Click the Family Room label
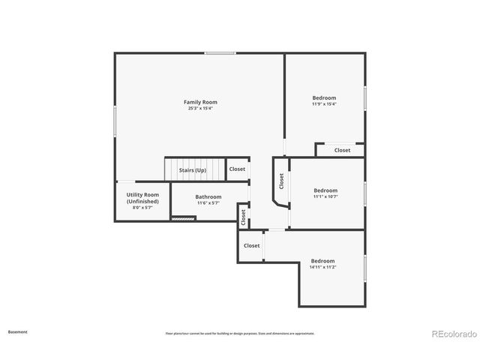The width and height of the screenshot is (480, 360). click(x=201, y=102)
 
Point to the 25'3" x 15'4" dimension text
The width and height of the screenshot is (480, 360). click(x=201, y=109)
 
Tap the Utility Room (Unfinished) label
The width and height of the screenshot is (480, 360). click(x=142, y=198)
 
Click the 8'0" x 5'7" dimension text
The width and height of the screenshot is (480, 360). click(x=142, y=208)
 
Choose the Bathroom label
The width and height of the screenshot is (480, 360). click(x=208, y=196)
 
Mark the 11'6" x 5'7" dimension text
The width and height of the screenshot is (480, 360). click(x=208, y=203)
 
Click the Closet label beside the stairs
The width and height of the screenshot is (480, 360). click(x=237, y=169)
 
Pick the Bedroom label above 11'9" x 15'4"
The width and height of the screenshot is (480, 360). click(x=324, y=97)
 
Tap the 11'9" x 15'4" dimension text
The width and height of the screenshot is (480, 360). click(x=324, y=104)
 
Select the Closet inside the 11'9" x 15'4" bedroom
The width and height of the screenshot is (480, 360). click(x=342, y=150)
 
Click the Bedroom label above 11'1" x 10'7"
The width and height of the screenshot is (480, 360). click(x=325, y=190)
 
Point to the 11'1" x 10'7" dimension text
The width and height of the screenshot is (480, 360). click(x=325, y=197)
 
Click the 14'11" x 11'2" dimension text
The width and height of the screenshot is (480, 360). click(x=322, y=267)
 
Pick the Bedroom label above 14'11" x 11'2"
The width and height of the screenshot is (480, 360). click(x=322, y=260)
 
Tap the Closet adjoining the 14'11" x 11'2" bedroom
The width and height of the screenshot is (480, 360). click(x=252, y=245)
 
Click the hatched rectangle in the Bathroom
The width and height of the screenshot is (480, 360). click(x=184, y=218)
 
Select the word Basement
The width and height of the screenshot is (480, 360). click(x=18, y=331)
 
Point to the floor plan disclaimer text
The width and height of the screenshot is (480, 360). click(x=240, y=333)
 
